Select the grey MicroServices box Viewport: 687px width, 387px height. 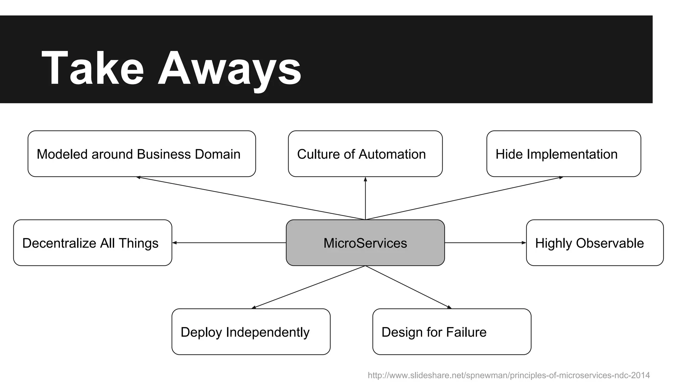(365, 243)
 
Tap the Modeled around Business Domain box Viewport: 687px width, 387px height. (142, 154)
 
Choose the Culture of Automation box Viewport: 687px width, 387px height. (365, 154)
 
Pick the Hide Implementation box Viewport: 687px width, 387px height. (564, 154)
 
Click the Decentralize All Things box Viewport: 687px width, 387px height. (93, 243)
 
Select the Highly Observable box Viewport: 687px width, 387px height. (594, 243)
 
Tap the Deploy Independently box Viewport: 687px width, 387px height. (251, 332)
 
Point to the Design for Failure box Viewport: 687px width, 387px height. (452, 332)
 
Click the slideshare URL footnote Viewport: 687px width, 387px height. (509, 375)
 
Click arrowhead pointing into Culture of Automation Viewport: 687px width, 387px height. (365, 179)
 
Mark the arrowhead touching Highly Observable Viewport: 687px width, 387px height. (524, 243)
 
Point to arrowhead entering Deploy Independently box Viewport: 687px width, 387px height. (254, 307)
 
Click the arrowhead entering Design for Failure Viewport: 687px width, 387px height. (449, 307)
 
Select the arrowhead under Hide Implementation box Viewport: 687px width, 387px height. (561, 178)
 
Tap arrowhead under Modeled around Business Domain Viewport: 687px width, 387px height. (139, 177)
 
